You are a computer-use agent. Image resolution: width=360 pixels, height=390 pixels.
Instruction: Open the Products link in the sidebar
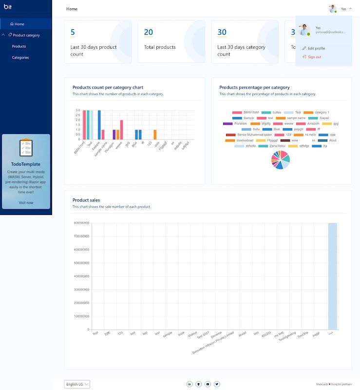[x=19, y=46]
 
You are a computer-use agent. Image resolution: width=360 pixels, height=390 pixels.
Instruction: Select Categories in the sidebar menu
[x=20, y=58]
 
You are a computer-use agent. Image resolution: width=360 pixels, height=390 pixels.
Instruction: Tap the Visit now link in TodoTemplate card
[x=26, y=202]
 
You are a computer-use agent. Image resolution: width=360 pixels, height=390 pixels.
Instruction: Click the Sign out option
[x=314, y=57]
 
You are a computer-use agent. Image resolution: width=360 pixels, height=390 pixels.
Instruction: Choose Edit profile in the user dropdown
[x=316, y=48]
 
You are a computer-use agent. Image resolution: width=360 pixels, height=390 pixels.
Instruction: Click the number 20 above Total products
[x=149, y=33]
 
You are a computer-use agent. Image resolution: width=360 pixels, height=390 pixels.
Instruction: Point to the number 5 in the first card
[x=73, y=33]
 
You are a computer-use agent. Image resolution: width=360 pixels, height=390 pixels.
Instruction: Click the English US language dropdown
[x=77, y=384]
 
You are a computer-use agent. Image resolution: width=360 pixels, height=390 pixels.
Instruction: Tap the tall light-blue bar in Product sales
[x=332, y=276]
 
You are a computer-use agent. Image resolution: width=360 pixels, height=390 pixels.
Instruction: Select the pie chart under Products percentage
[x=281, y=160]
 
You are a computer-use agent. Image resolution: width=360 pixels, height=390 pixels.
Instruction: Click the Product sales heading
[x=87, y=200]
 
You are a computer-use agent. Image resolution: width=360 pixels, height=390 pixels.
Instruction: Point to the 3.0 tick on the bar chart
[x=77, y=110]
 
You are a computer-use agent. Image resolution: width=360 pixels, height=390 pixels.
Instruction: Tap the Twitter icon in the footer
[x=217, y=384]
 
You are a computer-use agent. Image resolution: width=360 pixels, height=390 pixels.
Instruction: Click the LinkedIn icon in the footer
[x=189, y=384]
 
